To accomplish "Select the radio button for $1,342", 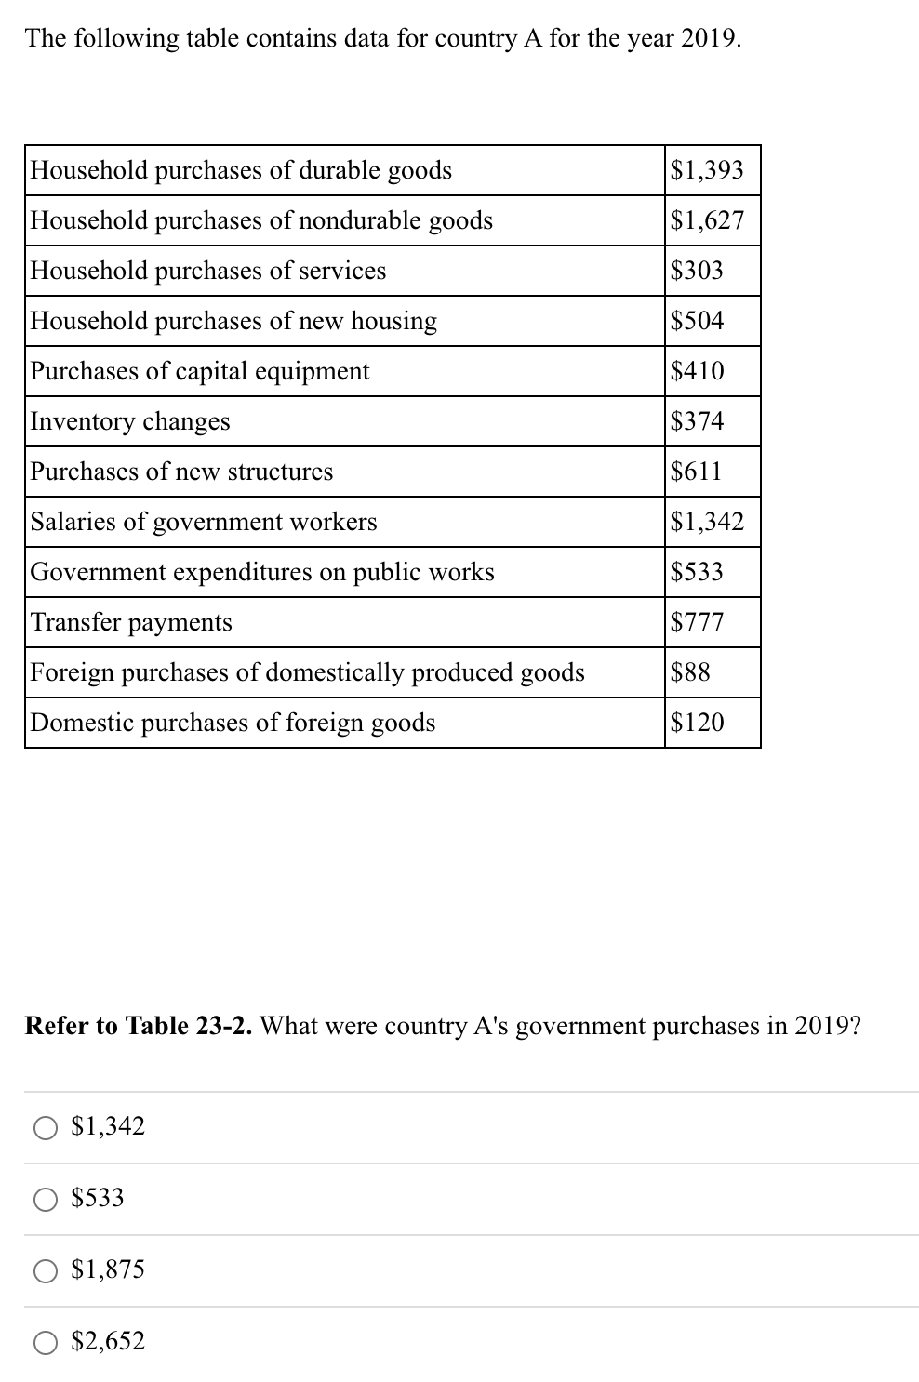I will point(47,1127).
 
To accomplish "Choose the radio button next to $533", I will point(47,1199).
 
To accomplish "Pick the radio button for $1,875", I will point(47,1270).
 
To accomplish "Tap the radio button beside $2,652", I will point(47,1342).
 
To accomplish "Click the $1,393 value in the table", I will point(707,170).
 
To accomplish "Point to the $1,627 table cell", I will point(707,220).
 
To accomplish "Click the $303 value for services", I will point(697,271).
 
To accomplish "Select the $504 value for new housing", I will point(697,321).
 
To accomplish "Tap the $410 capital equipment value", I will point(697,371).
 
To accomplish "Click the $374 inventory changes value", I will point(697,421).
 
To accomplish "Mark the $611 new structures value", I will point(696,472).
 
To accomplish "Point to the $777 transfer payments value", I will point(697,622).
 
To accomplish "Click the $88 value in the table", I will point(690,672).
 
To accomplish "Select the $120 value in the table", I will point(697,723).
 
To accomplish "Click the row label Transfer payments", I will point(131,622).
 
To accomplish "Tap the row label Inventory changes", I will point(130,421).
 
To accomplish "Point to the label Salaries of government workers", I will point(204,522).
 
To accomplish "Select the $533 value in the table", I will point(697,572).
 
